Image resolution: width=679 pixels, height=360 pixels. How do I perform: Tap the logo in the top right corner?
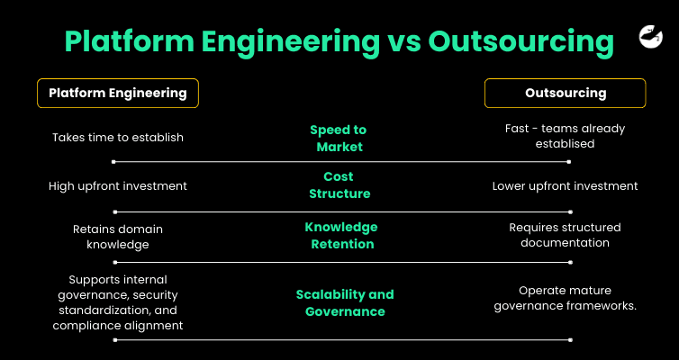point(650,36)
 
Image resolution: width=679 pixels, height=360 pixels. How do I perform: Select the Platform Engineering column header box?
point(117,93)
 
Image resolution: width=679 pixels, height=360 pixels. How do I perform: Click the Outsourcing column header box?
point(565,93)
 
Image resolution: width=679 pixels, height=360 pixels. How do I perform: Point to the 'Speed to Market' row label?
point(339,138)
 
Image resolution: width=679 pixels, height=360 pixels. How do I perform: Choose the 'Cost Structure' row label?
point(339,184)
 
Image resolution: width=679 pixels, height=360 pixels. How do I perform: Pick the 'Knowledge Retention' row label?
point(340,235)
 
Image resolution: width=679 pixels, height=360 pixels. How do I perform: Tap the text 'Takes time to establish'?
point(117,138)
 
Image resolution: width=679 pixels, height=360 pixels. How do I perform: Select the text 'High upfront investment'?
point(117,186)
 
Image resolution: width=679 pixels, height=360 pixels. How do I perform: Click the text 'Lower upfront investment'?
point(565,186)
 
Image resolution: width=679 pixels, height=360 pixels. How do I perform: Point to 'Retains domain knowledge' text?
point(117,236)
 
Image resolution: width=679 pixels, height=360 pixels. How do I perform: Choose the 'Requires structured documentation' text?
point(565,235)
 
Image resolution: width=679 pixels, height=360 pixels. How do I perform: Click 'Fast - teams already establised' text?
point(565,135)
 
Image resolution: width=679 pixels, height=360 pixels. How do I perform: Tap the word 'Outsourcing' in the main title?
point(521,42)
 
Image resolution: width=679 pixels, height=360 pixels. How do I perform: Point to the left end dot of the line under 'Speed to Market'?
point(113,162)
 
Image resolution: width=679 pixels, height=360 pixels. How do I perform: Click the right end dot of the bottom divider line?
point(570,339)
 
